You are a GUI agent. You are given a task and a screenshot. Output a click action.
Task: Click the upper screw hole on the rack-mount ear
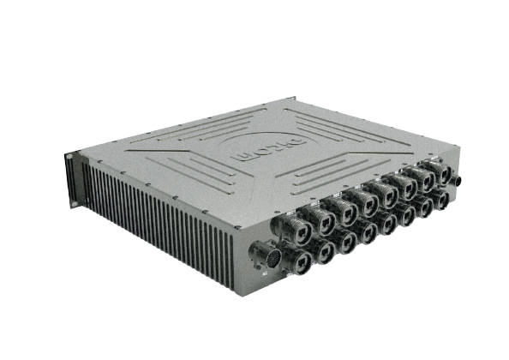coord(75,159)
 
